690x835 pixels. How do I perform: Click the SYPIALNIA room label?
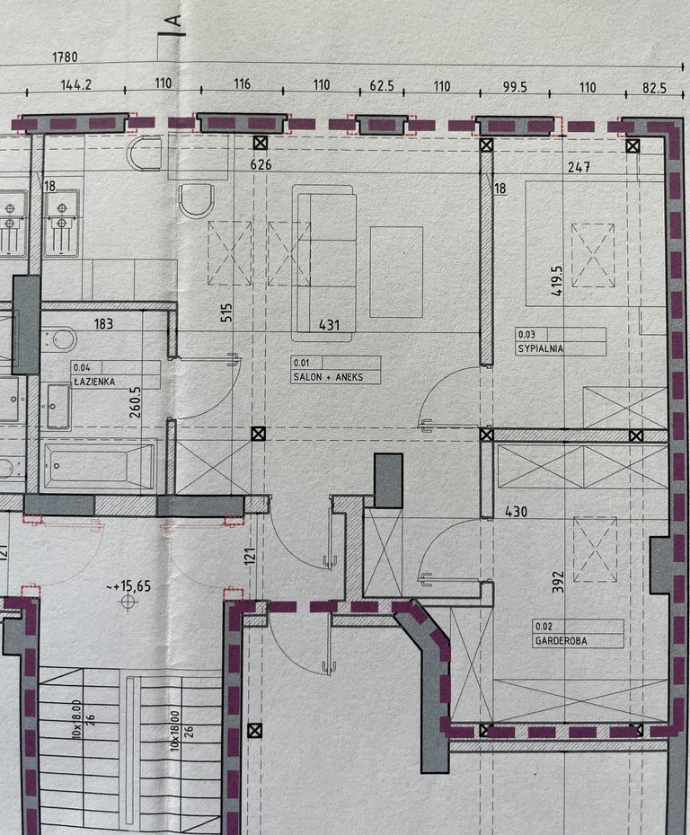(540, 349)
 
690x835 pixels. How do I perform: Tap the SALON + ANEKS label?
(328, 377)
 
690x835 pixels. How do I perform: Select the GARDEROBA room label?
(561, 641)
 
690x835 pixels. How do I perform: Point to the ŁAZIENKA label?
(94, 382)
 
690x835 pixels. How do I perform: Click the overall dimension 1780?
(65, 57)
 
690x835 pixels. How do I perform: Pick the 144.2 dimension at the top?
(76, 84)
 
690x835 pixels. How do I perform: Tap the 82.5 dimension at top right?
(654, 88)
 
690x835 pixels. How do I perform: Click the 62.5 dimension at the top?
(382, 85)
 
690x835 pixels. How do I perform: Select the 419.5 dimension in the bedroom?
(557, 281)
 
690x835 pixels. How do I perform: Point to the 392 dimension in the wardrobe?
(558, 582)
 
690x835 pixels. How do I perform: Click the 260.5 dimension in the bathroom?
(136, 401)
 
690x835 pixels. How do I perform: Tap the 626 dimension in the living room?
(261, 164)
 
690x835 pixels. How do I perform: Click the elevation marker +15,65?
(128, 586)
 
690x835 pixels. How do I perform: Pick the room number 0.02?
(544, 627)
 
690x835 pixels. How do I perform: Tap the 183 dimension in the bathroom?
(103, 324)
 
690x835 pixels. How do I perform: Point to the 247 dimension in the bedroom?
(579, 167)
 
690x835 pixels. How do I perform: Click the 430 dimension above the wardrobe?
(516, 512)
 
